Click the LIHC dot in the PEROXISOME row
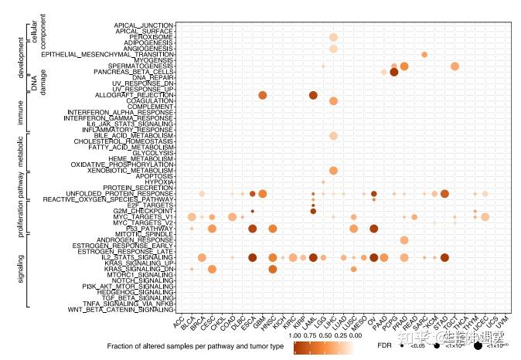pos(333,37)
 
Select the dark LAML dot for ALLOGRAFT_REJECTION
pos(313,95)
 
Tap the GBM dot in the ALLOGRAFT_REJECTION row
pos(263,95)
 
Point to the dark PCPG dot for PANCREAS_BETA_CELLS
pos(393,73)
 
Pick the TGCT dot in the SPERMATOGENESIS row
pos(455,66)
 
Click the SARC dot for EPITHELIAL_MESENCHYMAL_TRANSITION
pos(424,54)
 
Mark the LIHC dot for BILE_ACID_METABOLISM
pos(333,136)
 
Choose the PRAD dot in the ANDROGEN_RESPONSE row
pos(404,239)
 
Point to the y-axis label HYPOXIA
pos(157,182)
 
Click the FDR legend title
pos(383,347)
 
